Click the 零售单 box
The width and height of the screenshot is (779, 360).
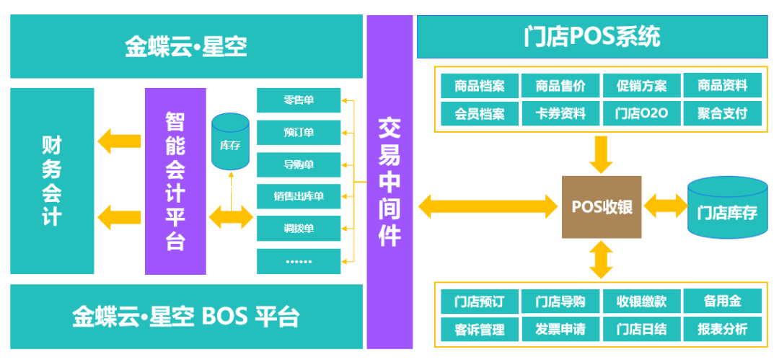click(x=299, y=100)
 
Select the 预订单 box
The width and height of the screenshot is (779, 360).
click(x=299, y=133)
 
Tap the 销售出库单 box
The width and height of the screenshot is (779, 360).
click(x=299, y=196)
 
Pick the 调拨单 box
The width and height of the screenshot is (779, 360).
click(x=299, y=229)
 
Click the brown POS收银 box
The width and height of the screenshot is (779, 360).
click(x=602, y=207)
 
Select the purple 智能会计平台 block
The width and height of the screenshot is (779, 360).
click(x=175, y=181)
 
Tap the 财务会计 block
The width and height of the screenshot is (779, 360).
click(x=52, y=181)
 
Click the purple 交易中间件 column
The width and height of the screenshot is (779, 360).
click(x=389, y=181)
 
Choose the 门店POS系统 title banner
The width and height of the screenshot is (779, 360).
click(x=591, y=37)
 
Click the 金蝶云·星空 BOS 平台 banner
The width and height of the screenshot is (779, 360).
click(x=186, y=317)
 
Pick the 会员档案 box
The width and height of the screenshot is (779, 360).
click(x=480, y=113)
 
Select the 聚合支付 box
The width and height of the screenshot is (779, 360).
click(x=723, y=113)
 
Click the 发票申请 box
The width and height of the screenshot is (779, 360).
click(x=560, y=329)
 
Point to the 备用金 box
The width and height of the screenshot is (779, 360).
click(x=723, y=301)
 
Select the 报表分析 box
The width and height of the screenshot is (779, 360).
click(x=723, y=329)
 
